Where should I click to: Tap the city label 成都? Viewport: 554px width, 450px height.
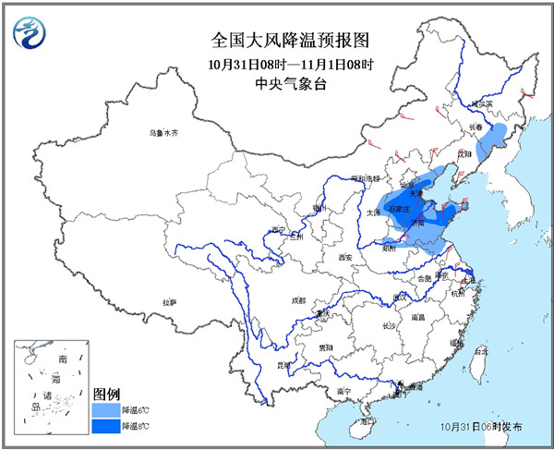(297, 299)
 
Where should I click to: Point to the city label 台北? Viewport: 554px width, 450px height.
(479, 351)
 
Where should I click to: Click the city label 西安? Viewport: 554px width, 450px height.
(345, 256)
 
